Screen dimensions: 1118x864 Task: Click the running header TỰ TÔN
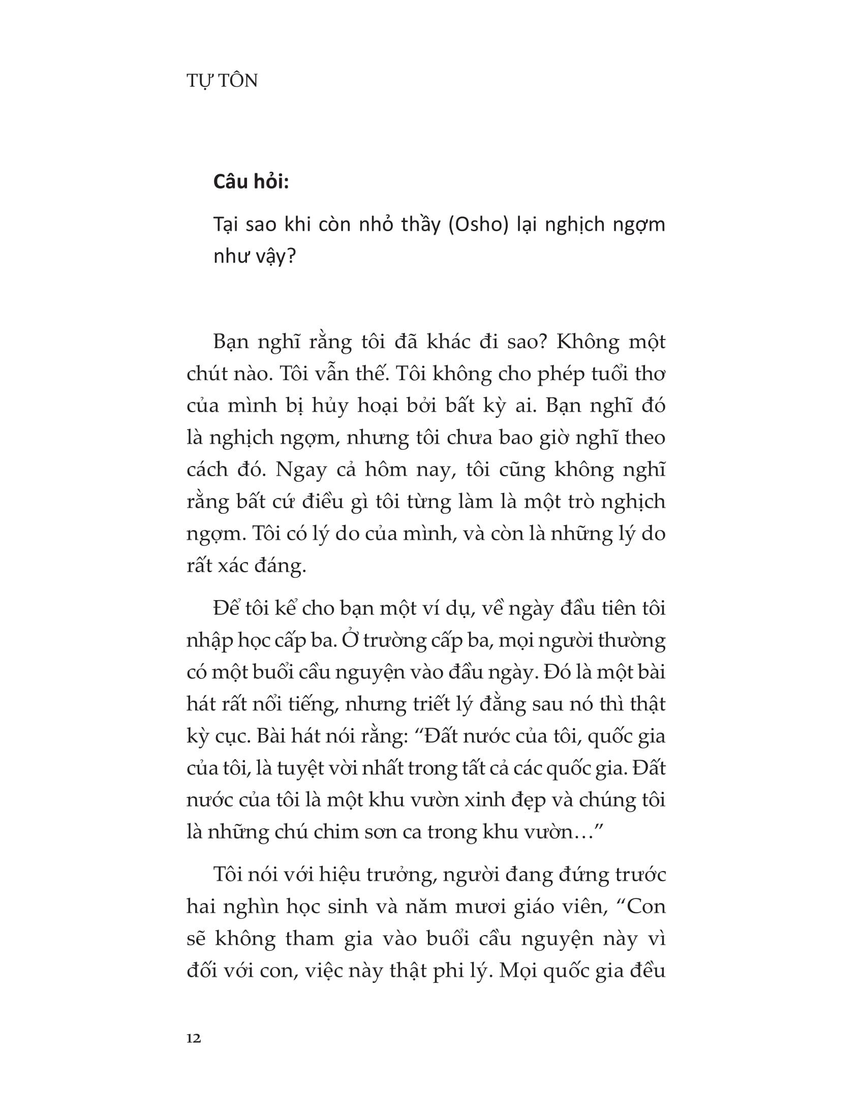(x=222, y=81)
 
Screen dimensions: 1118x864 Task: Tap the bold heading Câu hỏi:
(x=251, y=182)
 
